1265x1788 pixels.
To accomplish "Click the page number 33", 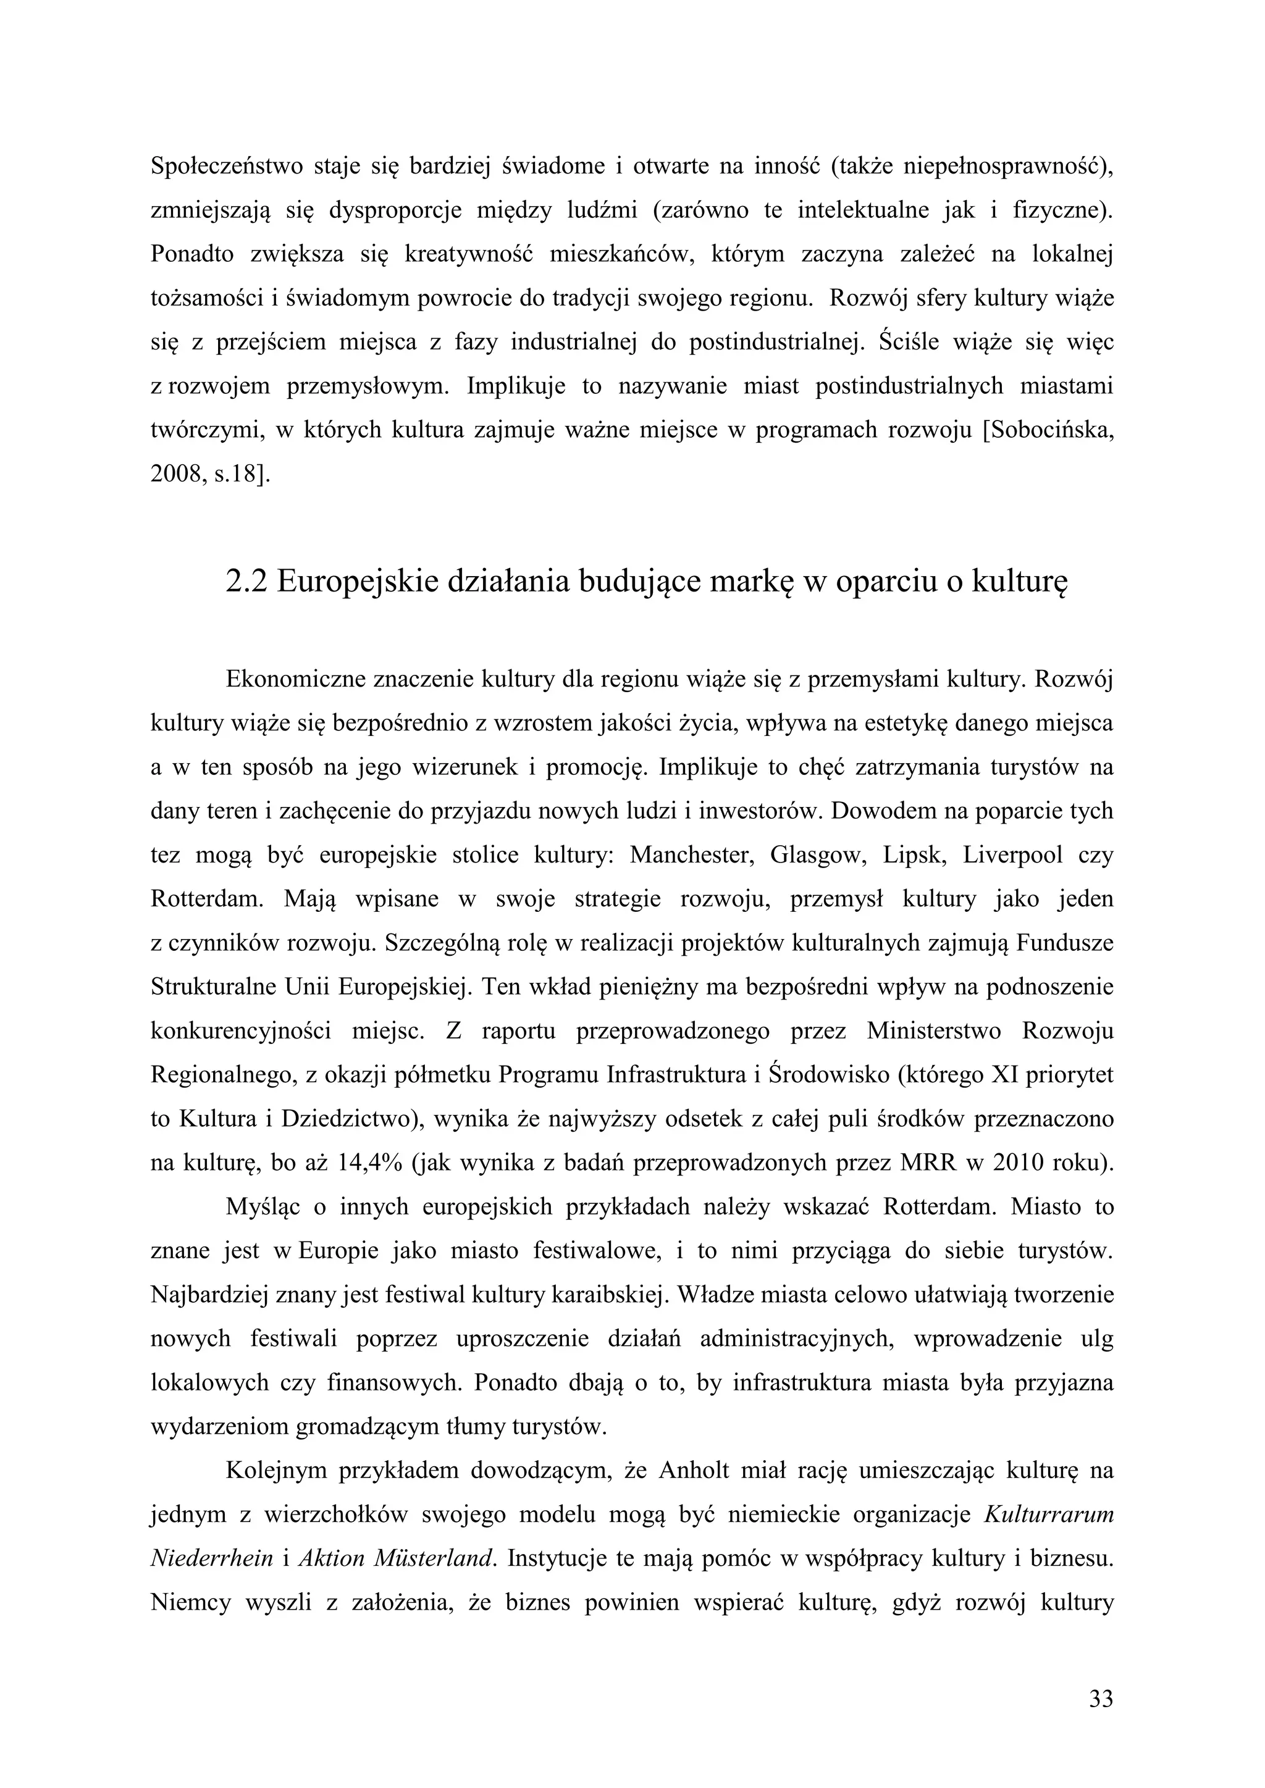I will coord(1101,1698).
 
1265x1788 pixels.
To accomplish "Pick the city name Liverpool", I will coord(1012,855).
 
